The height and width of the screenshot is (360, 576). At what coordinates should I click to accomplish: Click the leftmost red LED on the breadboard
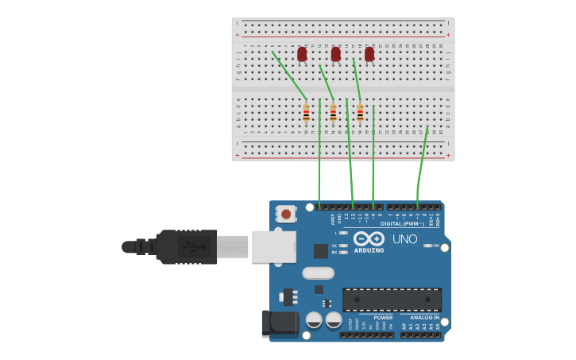302,54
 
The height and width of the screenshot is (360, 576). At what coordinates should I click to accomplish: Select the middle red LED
336,54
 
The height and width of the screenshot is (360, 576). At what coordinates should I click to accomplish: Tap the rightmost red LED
369,54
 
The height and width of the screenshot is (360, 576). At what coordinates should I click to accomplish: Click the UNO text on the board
404,238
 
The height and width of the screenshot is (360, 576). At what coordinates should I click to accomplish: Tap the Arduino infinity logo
369,238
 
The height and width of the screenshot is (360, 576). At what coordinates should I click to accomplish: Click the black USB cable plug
187,246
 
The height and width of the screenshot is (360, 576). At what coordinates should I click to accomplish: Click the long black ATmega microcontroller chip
392,300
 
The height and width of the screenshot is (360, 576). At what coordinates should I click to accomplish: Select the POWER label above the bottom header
383,318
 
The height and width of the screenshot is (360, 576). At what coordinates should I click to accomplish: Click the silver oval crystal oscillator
318,273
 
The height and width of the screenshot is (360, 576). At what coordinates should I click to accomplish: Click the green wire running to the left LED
288,75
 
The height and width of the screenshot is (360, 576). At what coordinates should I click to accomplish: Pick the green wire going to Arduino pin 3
422,159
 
